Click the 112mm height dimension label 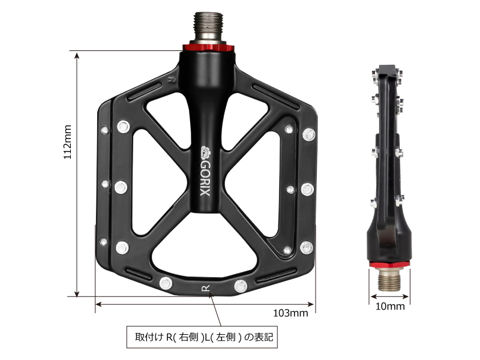pyautogui.click(x=68, y=142)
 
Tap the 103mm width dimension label pyautogui.click(x=290, y=313)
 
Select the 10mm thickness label pyautogui.click(x=390, y=306)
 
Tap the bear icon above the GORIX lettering pyautogui.click(x=205, y=152)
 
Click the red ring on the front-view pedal pyautogui.click(x=206, y=47)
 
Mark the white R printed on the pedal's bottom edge pyautogui.click(x=205, y=289)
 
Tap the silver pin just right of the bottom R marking pyautogui.click(x=240, y=285)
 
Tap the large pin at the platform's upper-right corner pyautogui.click(x=310, y=134)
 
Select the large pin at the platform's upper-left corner pyautogui.click(x=124, y=127)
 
